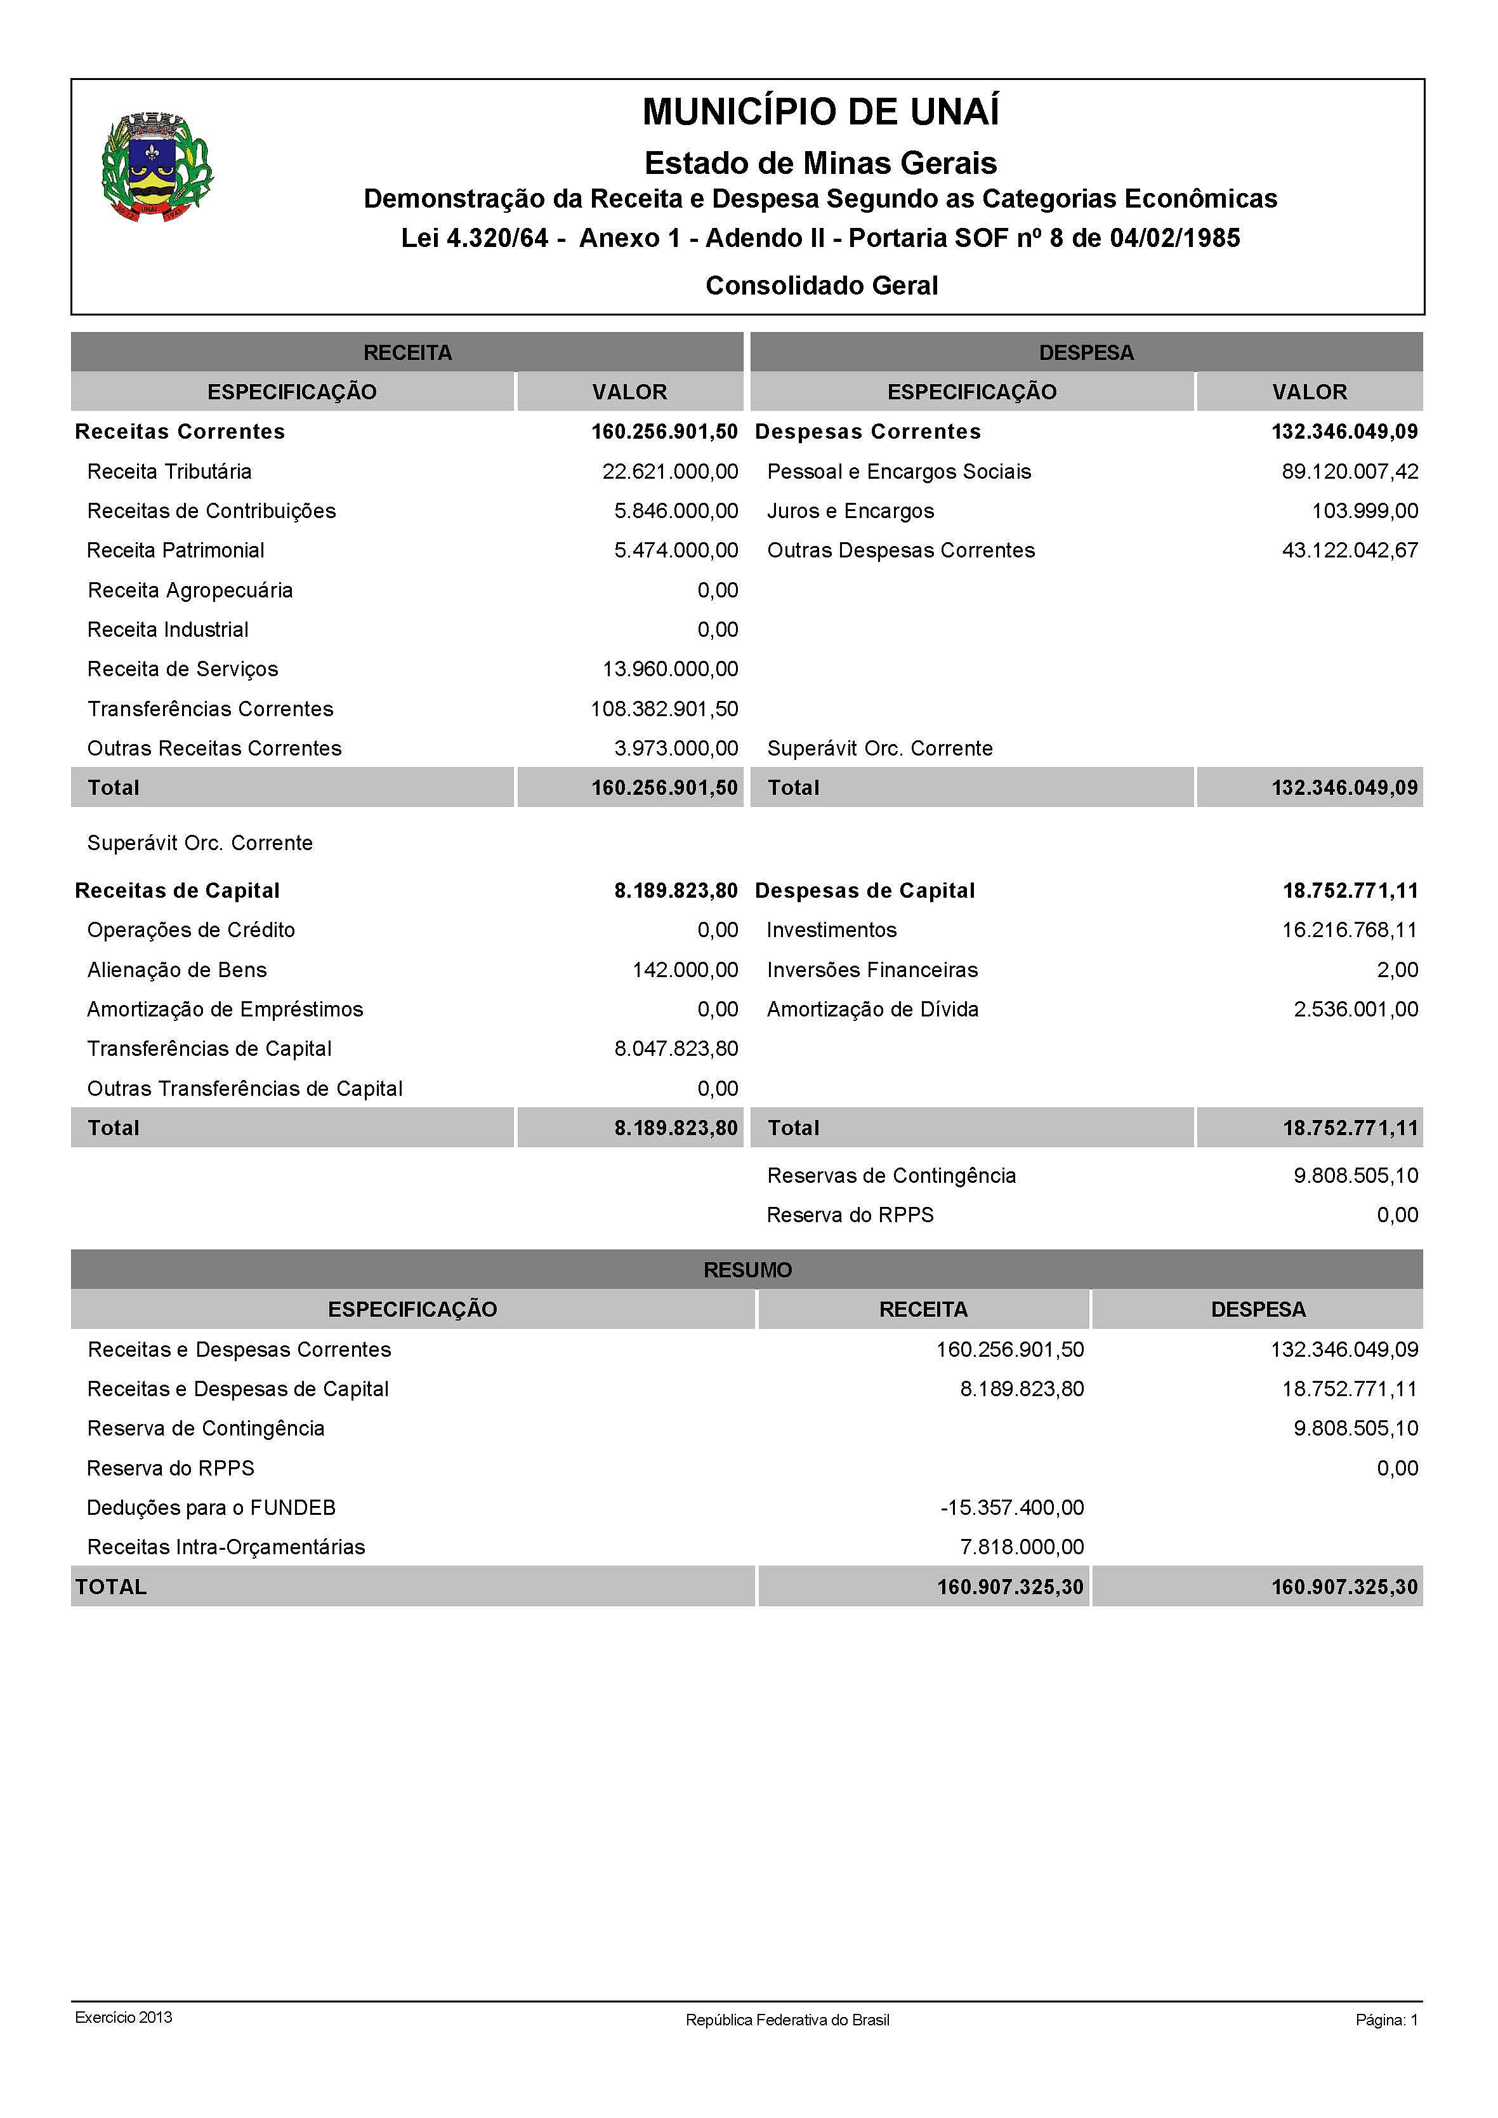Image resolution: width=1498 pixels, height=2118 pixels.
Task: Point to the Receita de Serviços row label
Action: tap(183, 669)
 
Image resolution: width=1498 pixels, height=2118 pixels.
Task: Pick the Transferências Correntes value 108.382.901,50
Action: tap(664, 709)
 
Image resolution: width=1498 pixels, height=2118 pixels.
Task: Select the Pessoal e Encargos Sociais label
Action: tap(898, 472)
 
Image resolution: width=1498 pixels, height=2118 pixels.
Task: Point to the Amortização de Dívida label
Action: tap(872, 1009)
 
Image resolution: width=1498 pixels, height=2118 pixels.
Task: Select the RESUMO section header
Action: tap(747, 1270)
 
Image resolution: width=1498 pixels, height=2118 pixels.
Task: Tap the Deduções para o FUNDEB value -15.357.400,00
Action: tap(1012, 1508)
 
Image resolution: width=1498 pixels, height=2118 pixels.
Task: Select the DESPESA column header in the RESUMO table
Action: tap(1258, 1310)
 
